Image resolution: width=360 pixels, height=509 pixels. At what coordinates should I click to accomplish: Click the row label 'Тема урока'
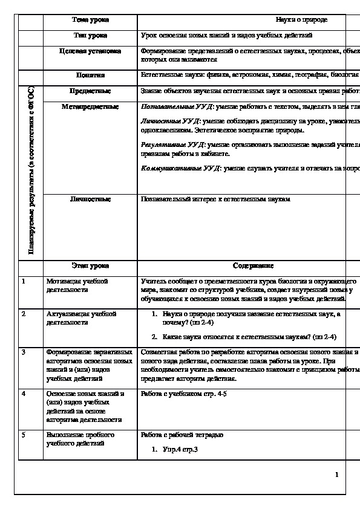click(x=90, y=20)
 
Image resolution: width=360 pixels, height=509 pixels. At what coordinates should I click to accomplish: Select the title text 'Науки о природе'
click(x=301, y=20)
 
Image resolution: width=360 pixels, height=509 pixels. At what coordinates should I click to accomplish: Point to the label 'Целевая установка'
click(x=90, y=52)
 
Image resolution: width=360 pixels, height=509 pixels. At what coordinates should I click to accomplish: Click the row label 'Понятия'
click(x=90, y=76)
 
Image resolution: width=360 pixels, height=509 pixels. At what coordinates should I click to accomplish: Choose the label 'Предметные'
click(x=90, y=91)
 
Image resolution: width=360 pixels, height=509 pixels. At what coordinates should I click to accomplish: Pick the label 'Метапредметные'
click(x=90, y=106)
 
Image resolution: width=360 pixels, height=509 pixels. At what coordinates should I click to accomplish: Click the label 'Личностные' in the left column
click(x=90, y=198)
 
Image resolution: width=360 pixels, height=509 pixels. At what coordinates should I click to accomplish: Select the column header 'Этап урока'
click(x=90, y=265)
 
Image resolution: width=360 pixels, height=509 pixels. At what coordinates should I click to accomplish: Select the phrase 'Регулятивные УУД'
click(x=170, y=146)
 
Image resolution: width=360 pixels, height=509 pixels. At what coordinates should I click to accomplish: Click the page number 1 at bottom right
click(x=336, y=475)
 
